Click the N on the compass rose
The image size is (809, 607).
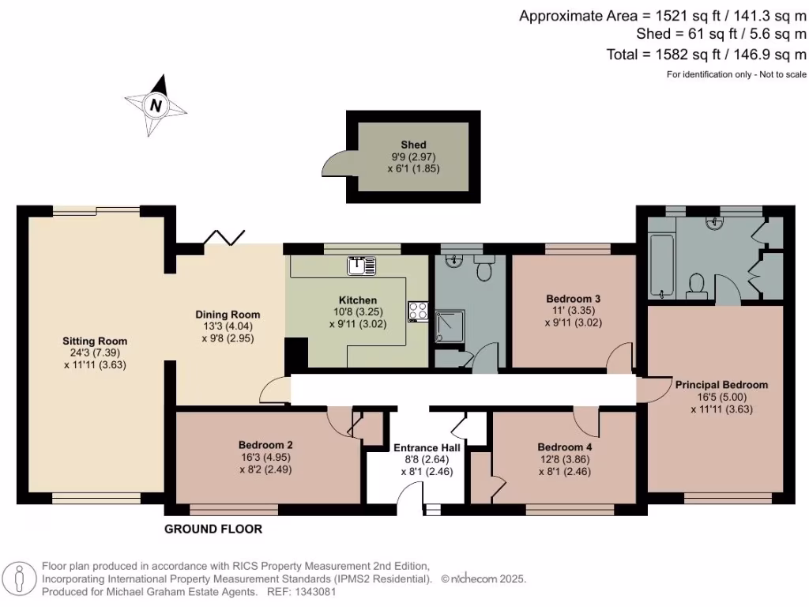click(156, 105)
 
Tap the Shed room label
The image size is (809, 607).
click(413, 145)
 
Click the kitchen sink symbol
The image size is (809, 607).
click(361, 266)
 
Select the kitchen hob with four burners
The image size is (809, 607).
click(418, 311)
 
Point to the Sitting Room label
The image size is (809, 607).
click(95, 341)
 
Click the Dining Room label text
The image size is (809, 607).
click(228, 315)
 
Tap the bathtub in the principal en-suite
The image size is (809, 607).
click(661, 266)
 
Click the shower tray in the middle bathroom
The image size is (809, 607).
click(450, 326)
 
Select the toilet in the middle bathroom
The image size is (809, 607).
click(484, 268)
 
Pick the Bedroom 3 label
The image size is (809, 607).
click(574, 298)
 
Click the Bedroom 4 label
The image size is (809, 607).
click(564, 447)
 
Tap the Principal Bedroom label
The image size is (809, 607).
click(721, 385)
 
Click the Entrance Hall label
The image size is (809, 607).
click(427, 447)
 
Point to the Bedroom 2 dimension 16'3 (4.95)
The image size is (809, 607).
click(265, 458)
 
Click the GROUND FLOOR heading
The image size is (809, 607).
click(213, 529)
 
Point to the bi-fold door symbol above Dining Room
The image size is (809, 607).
click(224, 237)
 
